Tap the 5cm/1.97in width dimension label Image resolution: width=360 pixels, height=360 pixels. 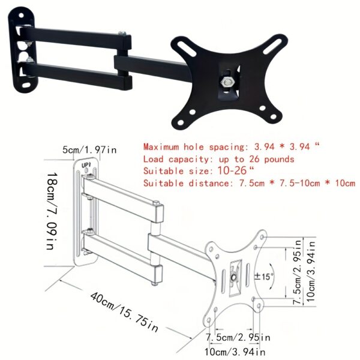point(89,149)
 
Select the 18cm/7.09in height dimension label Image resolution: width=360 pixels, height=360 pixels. point(52,211)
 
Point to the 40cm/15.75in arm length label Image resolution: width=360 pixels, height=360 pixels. point(124,312)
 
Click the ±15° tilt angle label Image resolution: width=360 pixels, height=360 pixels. point(264,276)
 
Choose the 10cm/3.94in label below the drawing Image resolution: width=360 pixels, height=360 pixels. point(235,352)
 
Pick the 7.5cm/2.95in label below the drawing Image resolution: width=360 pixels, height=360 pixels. point(238,337)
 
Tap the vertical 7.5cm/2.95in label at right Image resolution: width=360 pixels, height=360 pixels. point(298,272)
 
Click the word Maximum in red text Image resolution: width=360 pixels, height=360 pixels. point(161,147)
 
